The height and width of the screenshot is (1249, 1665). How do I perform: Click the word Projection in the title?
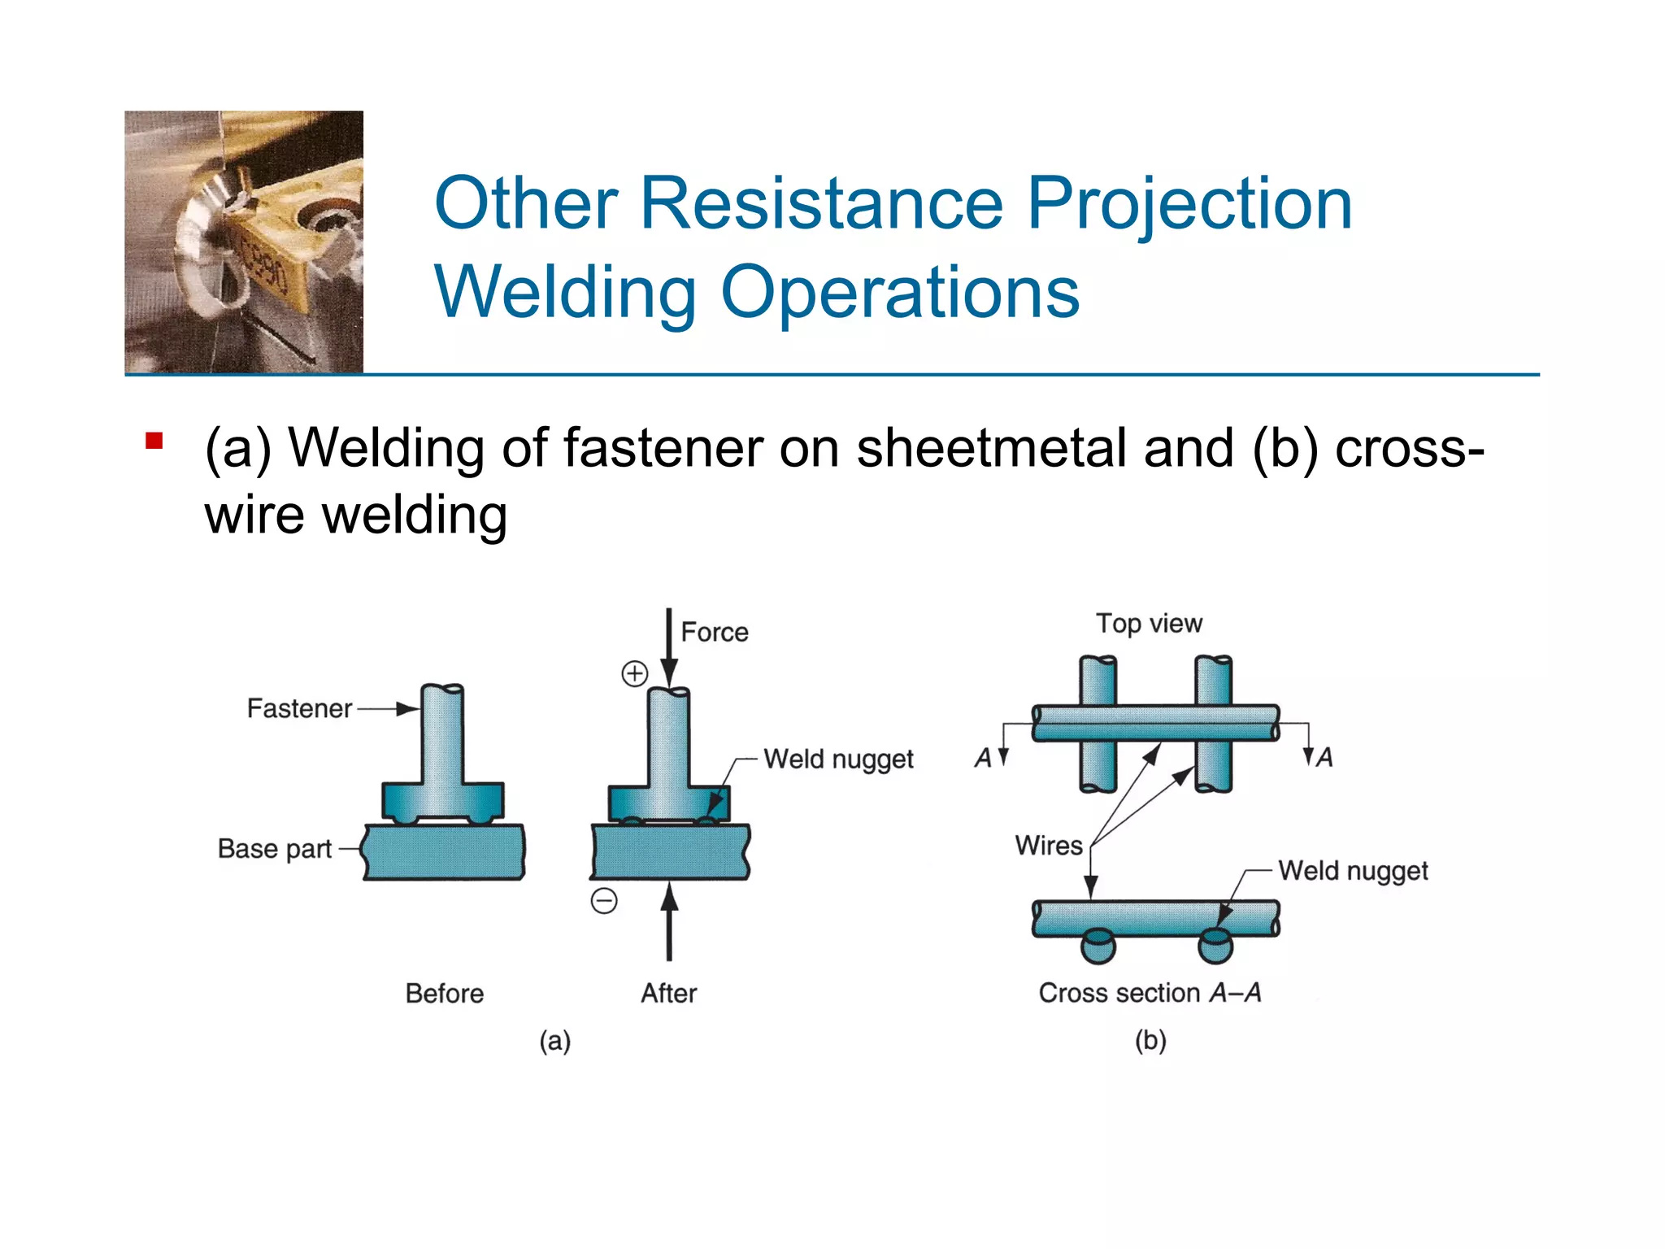coord(1189,205)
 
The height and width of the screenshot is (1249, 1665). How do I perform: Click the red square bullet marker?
coord(154,442)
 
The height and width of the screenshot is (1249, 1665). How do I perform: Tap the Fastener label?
coord(299,708)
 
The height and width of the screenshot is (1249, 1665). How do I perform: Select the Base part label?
coord(274,849)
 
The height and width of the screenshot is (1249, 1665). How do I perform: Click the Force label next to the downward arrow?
coord(714,632)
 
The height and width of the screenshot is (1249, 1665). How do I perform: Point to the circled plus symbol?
coord(635,673)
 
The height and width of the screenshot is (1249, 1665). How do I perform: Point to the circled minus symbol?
coord(604,901)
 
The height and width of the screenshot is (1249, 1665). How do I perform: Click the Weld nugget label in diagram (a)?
coord(838,759)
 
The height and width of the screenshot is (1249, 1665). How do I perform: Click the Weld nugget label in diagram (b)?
coord(1353,870)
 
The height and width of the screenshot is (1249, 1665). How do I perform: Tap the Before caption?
coord(444,993)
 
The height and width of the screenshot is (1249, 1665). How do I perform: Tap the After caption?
coord(668,993)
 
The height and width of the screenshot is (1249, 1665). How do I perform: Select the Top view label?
coord(1148,623)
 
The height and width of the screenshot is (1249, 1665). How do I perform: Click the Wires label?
coord(1049,845)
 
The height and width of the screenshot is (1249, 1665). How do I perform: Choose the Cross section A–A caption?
coord(1149,992)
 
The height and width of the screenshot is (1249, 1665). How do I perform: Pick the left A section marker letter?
coord(983,758)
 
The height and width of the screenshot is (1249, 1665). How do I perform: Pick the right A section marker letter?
coord(1324,758)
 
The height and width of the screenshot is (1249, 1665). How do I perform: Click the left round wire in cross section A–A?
coord(1098,947)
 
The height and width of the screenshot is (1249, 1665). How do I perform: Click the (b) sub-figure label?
coord(1150,1040)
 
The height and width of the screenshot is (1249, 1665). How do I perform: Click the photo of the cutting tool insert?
coord(244,242)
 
